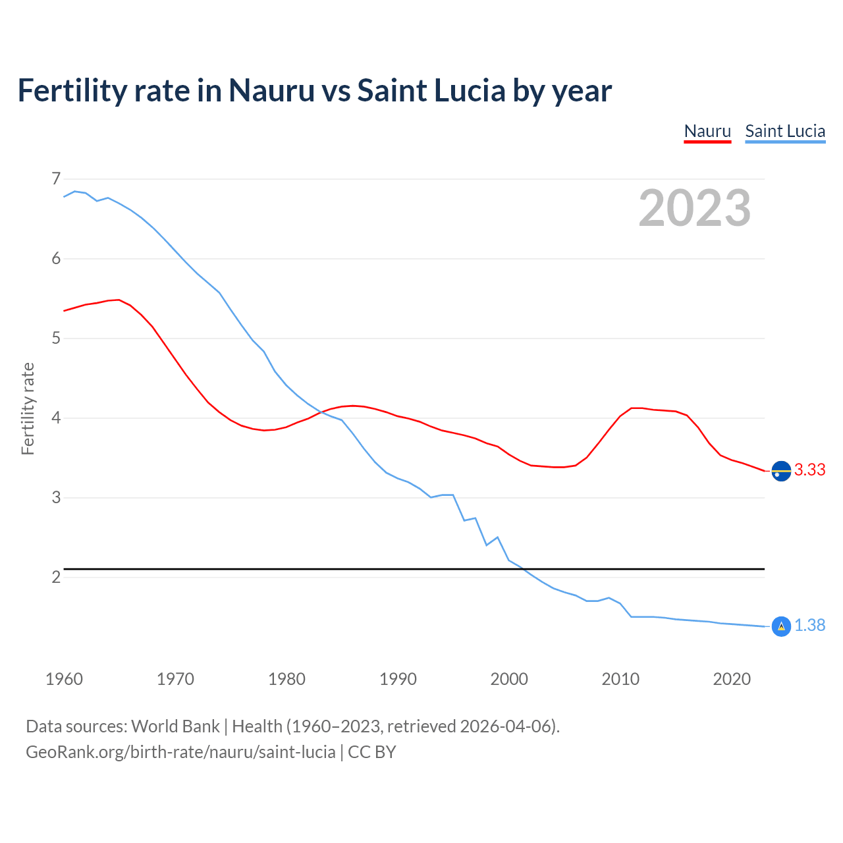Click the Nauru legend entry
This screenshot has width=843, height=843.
(x=707, y=131)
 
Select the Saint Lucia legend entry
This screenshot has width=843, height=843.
(x=785, y=131)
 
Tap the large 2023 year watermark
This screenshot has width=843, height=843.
(x=695, y=208)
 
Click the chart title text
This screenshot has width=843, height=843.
(x=315, y=90)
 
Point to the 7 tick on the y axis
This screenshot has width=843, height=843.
(x=56, y=178)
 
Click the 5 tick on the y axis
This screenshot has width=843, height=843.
(x=56, y=339)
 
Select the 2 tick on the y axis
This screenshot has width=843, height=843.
(x=56, y=578)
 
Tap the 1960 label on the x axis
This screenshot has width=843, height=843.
(x=64, y=679)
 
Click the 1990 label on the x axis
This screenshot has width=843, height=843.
(x=398, y=679)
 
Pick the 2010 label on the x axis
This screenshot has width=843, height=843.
(x=620, y=679)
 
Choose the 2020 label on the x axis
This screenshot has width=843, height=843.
(x=732, y=679)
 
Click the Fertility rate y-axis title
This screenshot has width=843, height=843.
(x=28, y=408)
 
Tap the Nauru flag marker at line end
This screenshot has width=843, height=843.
(x=781, y=472)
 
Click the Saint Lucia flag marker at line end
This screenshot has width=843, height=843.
(x=781, y=626)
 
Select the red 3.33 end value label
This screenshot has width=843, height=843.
(x=809, y=470)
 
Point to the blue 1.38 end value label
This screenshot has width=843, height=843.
(x=809, y=625)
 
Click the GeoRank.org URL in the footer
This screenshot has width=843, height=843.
(x=180, y=752)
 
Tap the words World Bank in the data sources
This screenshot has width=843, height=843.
(x=175, y=726)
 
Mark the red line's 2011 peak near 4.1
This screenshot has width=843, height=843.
(x=632, y=408)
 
